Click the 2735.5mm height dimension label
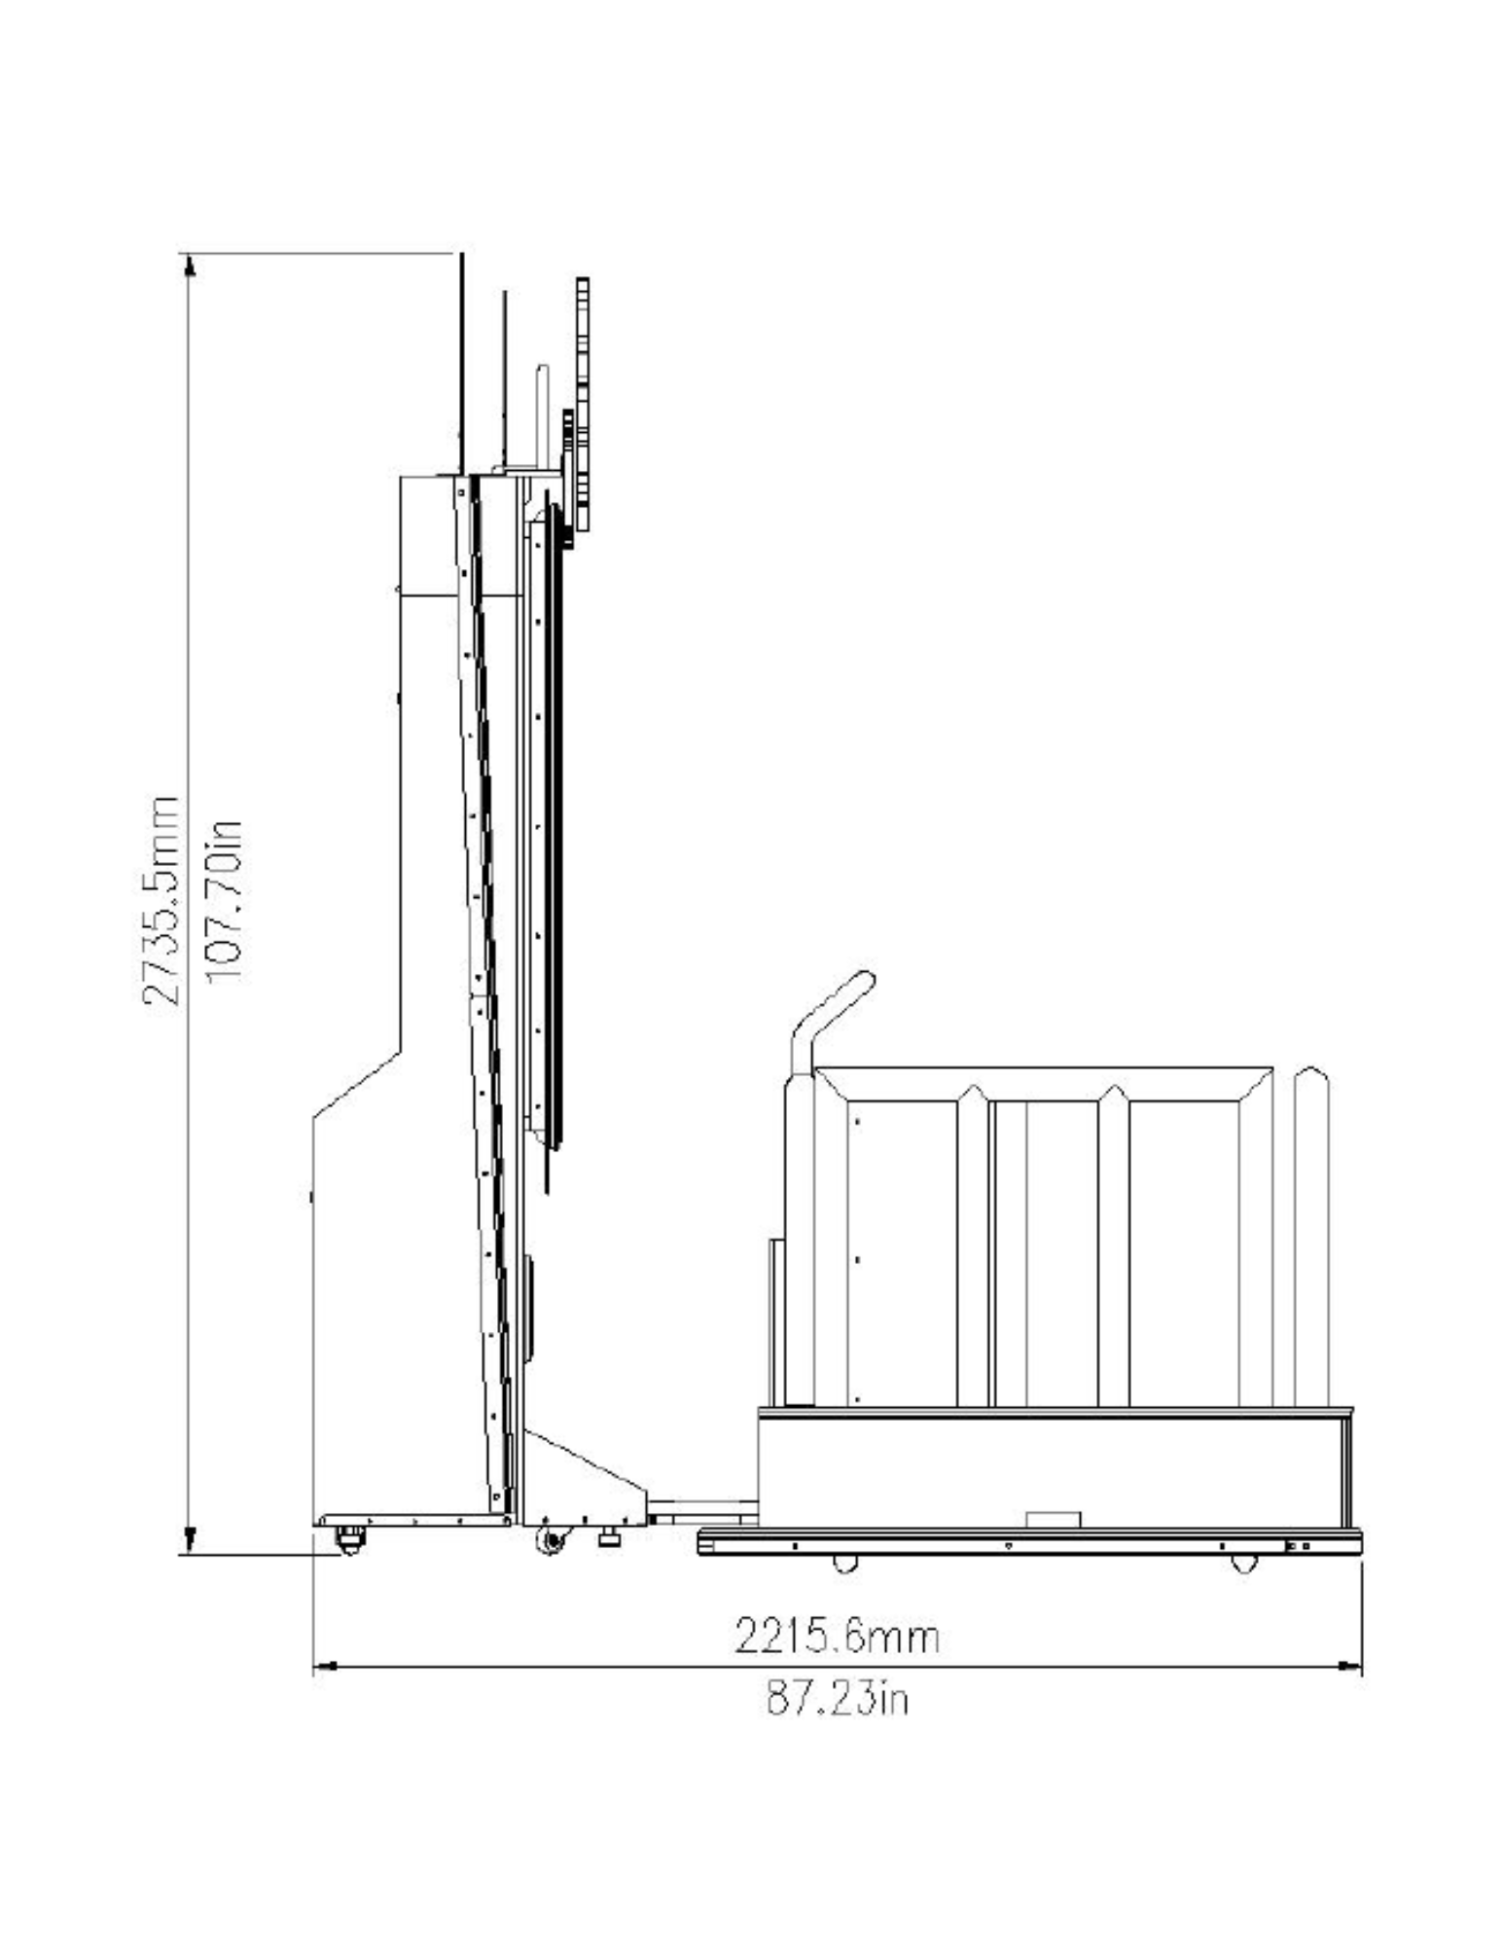(x=161, y=900)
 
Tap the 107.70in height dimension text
(x=224, y=900)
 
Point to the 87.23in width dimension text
(x=837, y=1700)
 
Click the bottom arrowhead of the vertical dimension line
(x=191, y=1541)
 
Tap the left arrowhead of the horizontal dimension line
(x=325, y=1666)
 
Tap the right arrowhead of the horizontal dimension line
(x=1349, y=1666)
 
